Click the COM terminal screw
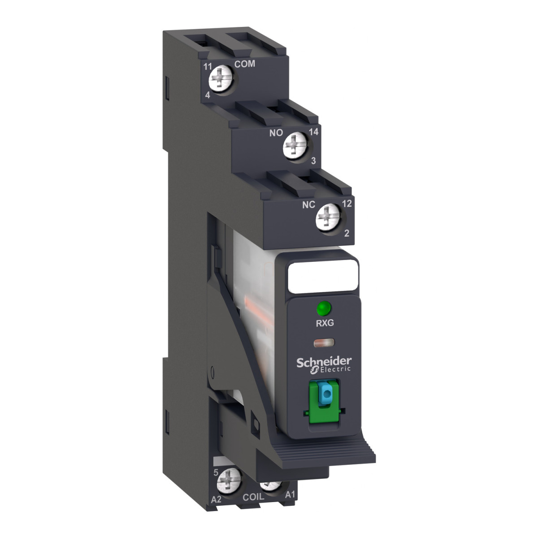(x=221, y=79)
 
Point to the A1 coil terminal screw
(x=270, y=486)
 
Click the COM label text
(x=245, y=64)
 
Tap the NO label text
(x=276, y=133)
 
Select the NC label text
(x=308, y=205)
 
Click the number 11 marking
(x=208, y=67)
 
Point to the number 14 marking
(x=313, y=131)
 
